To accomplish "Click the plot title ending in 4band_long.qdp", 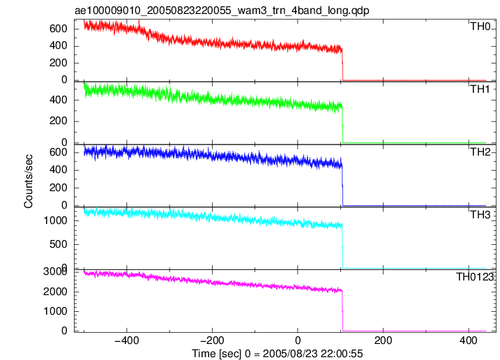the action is [x=222, y=10].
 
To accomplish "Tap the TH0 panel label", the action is [x=480, y=27].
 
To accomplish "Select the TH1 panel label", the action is [x=480, y=89].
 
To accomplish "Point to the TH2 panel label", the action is [x=480, y=152].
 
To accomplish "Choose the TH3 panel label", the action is [x=480, y=215].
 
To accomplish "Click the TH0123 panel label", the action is [x=475, y=277].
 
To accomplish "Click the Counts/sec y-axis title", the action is [x=29, y=181].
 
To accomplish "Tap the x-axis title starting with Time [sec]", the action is [x=278, y=354].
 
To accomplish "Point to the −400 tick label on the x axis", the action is [x=127, y=340].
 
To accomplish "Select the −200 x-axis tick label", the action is [x=212, y=340].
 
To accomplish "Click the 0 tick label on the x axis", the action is [x=298, y=340].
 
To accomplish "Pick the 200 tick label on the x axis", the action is [x=383, y=340].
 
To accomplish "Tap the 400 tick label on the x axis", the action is [x=469, y=340].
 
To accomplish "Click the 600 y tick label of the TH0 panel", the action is [x=59, y=29].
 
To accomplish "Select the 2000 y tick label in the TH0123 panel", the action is [x=56, y=292].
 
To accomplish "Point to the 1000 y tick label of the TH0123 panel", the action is [x=56, y=311].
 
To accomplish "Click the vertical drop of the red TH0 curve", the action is [x=342, y=66].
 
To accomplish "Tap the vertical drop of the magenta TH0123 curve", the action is [x=342, y=310].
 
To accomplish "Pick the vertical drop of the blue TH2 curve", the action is [x=342, y=186].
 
